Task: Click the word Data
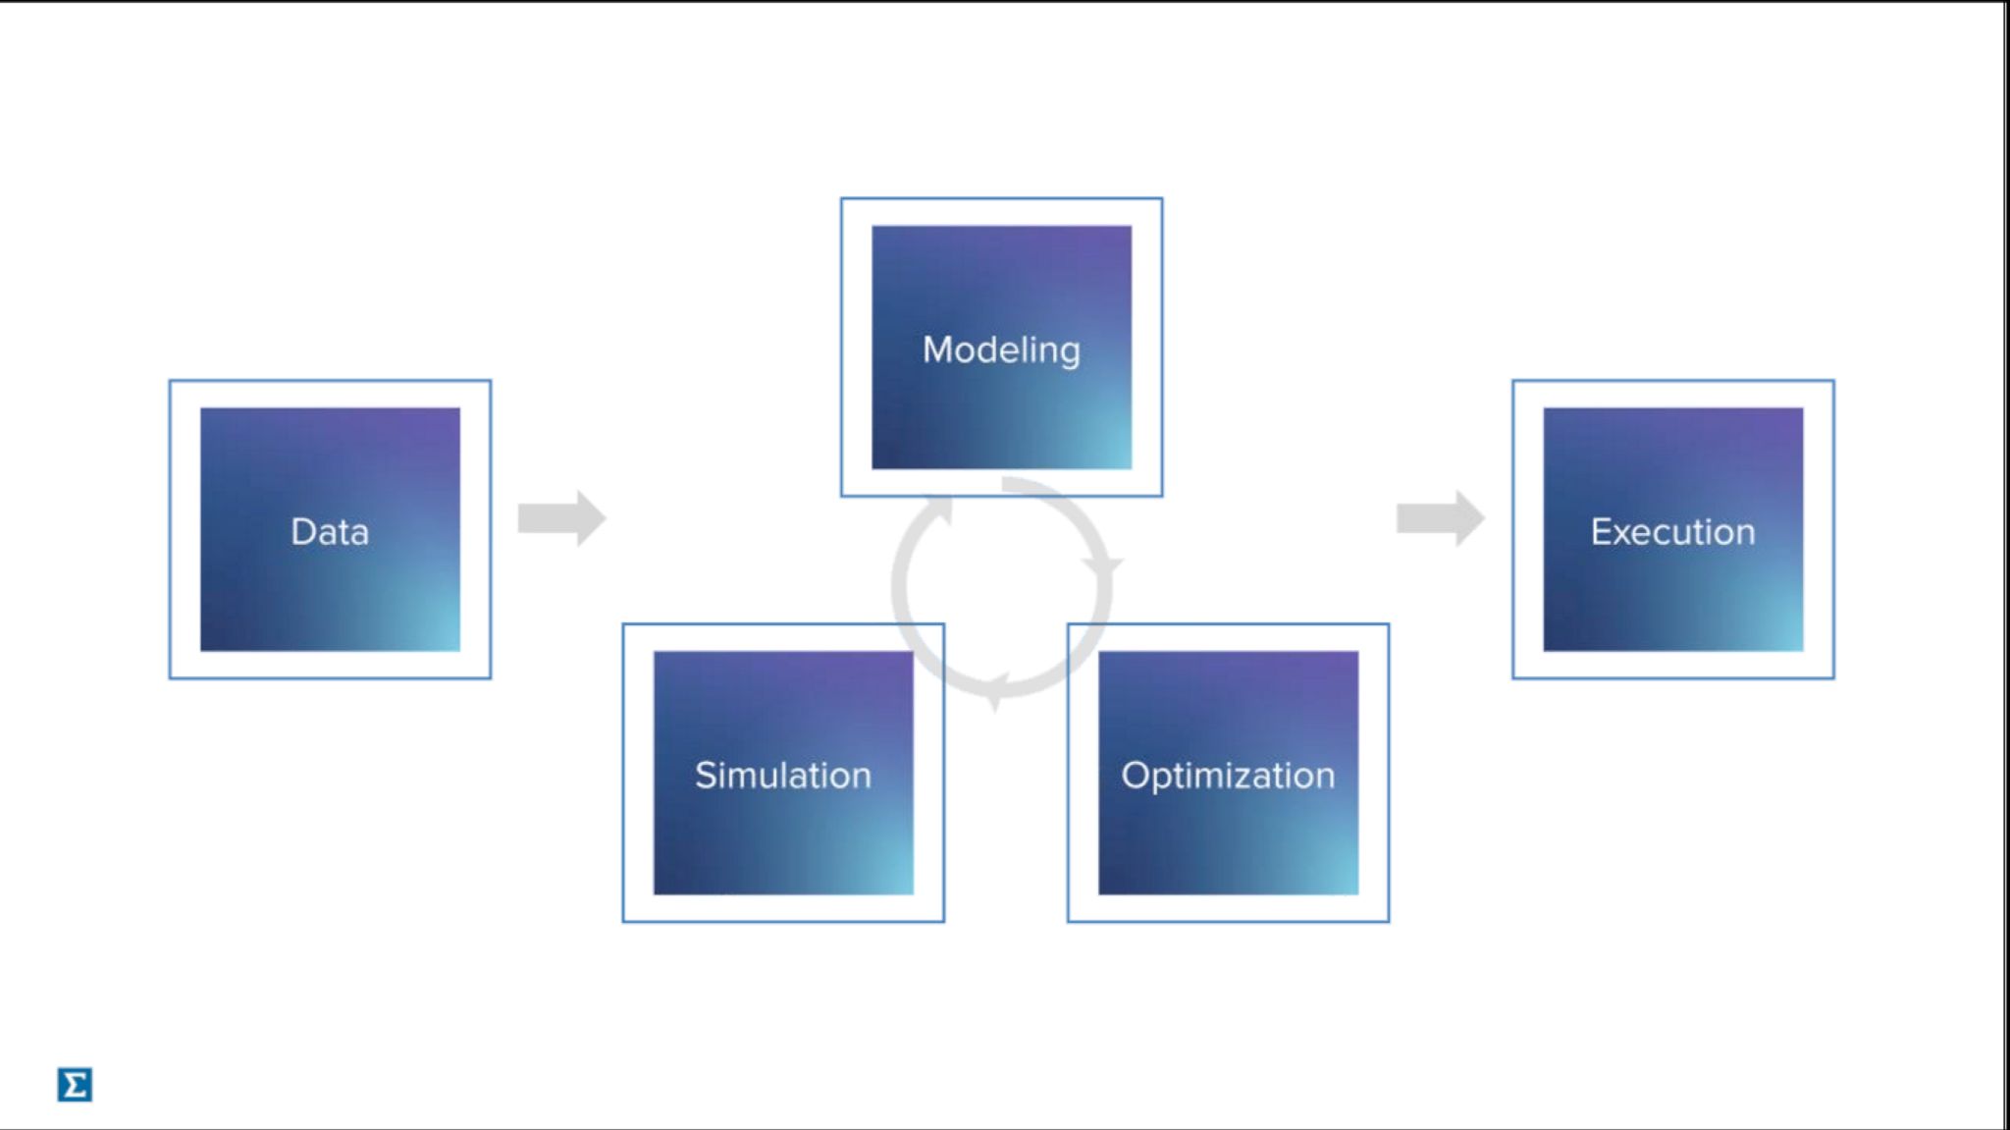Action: pos(330,531)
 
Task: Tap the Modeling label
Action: pos(1001,350)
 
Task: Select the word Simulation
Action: pos(782,776)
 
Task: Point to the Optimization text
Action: pos(1228,776)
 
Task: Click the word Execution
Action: pos(1672,531)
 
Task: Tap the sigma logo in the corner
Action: pos(75,1085)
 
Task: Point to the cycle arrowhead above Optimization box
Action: pos(1103,566)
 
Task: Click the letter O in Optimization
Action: pos(1135,776)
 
